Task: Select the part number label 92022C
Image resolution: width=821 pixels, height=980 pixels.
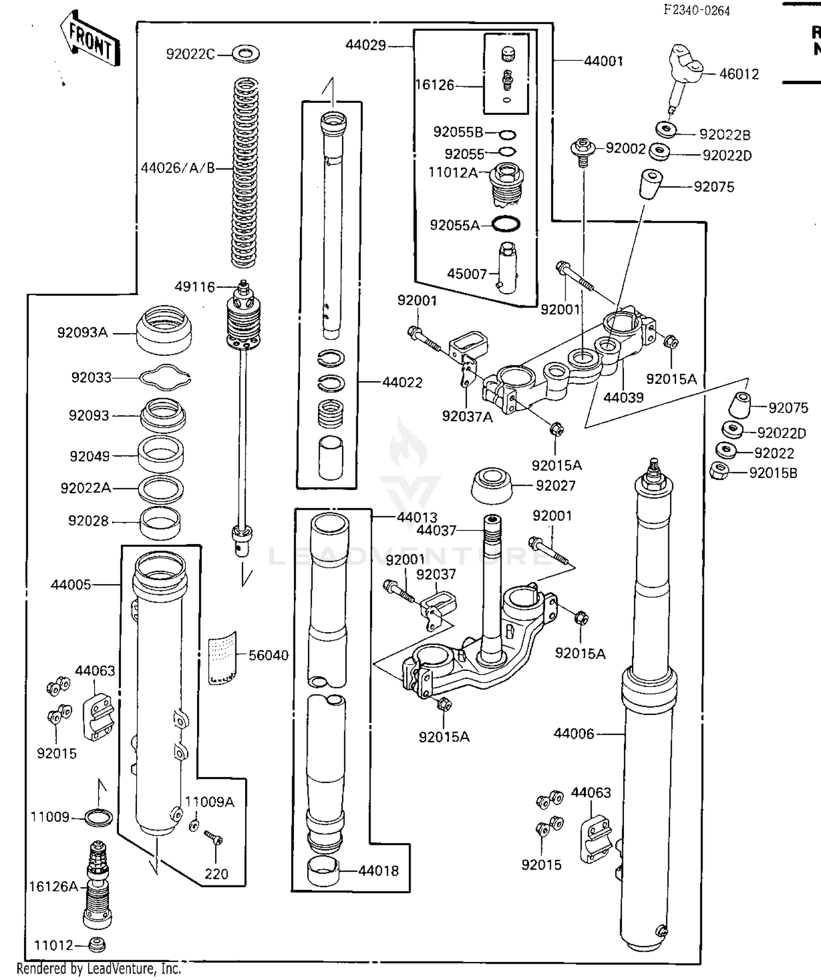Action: click(x=190, y=54)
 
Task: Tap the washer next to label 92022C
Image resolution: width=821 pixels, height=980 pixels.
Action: click(x=246, y=54)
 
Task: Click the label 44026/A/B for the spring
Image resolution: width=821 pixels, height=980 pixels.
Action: click(x=178, y=168)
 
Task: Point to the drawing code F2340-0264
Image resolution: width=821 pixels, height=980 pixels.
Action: click(x=696, y=10)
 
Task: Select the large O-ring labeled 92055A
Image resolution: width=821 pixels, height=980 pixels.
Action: click(x=505, y=224)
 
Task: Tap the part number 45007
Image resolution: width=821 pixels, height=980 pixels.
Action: click(x=466, y=273)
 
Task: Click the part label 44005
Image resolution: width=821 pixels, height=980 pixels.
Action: click(x=71, y=585)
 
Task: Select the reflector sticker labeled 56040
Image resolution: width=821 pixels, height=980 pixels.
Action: click(x=223, y=658)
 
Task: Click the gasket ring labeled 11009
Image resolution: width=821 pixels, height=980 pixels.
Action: click(x=99, y=818)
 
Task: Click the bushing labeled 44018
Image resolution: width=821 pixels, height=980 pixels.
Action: click(x=323, y=870)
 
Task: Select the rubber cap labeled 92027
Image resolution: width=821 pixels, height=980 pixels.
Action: click(x=492, y=485)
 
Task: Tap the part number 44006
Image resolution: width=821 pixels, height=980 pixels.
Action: click(x=573, y=733)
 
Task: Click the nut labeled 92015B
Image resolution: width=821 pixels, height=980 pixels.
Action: click(x=718, y=470)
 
